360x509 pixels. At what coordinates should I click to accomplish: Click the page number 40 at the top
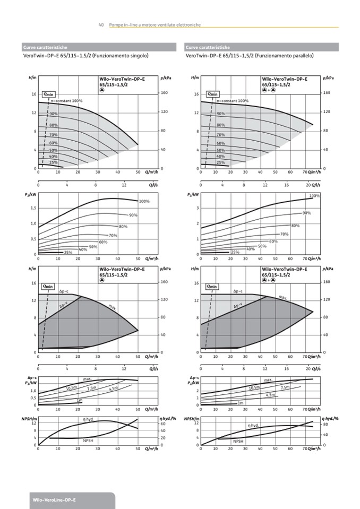click(101, 24)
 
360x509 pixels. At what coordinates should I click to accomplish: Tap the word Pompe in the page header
click(116, 24)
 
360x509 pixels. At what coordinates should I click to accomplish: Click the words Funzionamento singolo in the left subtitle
click(121, 56)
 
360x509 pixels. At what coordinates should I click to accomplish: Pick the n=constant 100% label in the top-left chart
click(67, 100)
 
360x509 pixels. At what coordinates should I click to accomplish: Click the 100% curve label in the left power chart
click(144, 202)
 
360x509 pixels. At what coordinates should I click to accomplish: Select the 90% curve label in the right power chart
click(307, 213)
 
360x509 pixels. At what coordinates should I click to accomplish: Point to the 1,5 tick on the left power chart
click(33, 208)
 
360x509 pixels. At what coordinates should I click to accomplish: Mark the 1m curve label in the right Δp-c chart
click(240, 403)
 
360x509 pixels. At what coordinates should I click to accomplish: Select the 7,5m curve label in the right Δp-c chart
click(285, 388)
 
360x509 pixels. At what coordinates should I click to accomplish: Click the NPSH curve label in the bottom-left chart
click(88, 441)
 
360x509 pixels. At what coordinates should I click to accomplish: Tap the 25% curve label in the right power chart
click(235, 252)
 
